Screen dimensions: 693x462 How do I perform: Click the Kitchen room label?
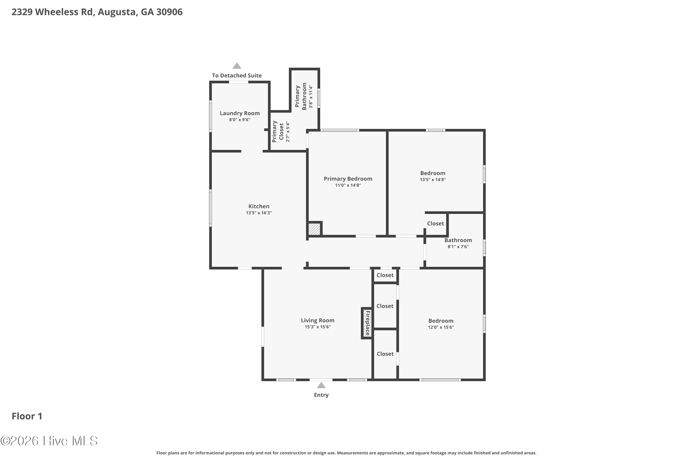[x=259, y=206]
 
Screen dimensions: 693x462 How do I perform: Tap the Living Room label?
[x=318, y=320]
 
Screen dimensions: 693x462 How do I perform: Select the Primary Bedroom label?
[x=348, y=179]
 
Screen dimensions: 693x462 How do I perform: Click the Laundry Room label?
[x=240, y=113]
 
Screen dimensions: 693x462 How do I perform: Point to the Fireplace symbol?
[x=367, y=323]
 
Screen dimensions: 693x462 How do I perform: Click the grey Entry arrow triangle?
[x=321, y=385]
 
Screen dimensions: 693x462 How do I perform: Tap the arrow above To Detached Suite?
[x=237, y=66]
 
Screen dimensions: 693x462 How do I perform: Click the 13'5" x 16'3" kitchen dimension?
[x=259, y=213]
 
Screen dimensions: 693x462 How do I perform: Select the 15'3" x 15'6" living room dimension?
[x=318, y=327]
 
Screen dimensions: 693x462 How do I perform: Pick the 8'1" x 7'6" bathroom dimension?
[x=458, y=247]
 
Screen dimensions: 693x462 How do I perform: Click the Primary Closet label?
[x=278, y=131]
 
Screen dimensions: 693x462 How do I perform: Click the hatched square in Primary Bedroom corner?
[x=314, y=229]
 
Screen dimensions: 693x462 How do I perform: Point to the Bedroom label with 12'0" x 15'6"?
[x=441, y=321]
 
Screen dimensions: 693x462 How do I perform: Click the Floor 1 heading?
[x=27, y=416]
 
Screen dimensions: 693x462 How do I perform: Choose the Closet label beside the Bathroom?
[x=435, y=223]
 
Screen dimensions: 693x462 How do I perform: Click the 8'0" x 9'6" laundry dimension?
[x=240, y=120]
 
